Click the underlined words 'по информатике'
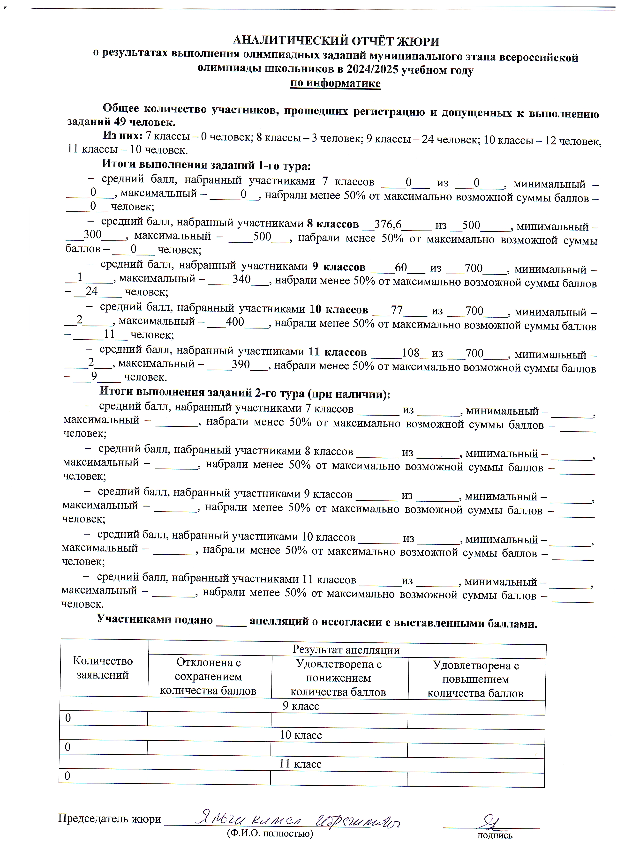click(x=335, y=83)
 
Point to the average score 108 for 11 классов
click(x=410, y=353)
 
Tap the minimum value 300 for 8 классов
click(x=92, y=235)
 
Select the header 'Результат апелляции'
click(x=346, y=649)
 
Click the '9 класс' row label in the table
click(x=301, y=706)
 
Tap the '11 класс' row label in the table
click(x=300, y=764)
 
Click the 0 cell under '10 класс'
click(x=68, y=747)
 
